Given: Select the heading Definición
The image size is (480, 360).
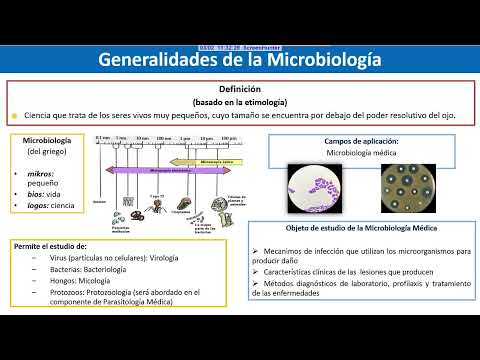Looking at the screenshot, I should [x=240, y=89].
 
